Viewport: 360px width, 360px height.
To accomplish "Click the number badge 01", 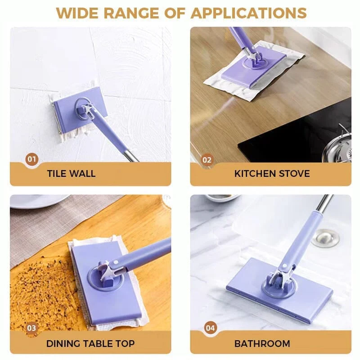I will pos(31,159).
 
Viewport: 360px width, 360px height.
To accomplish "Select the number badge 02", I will pos(207,159).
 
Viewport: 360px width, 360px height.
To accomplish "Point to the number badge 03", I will pos(31,328).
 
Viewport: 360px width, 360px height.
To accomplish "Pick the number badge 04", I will pos(210,328).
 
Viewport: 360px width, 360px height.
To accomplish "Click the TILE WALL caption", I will pos(71,174).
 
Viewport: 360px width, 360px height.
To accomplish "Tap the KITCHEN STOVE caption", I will pos(272,174).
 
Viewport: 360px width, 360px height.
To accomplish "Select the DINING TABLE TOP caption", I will pos(90,344).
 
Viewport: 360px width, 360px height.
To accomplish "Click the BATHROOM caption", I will pos(262,344).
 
